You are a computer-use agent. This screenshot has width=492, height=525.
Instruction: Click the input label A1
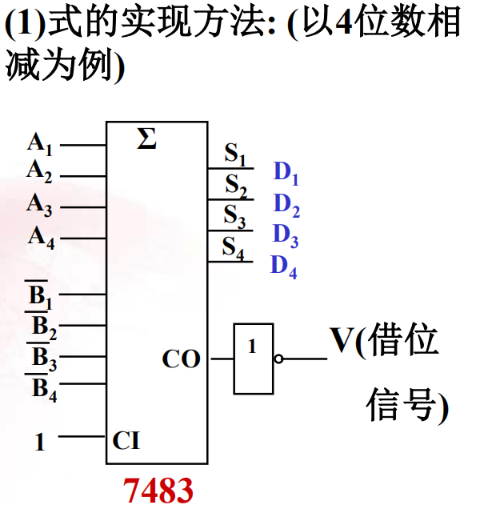pos(40,145)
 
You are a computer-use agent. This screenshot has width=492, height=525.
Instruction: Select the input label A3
pos(40,206)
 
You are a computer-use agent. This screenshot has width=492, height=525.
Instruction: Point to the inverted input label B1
pos(41,298)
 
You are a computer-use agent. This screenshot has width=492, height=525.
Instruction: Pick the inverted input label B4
pos(44,390)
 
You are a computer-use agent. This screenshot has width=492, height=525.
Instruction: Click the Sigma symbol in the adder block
pos(146,140)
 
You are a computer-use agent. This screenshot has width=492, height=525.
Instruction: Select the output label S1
pos(234,154)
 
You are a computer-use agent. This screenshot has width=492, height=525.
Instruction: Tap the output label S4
pos(234,247)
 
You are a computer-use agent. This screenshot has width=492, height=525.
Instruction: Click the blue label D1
pos(286,173)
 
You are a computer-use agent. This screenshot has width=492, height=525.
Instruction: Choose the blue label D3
pos(286,235)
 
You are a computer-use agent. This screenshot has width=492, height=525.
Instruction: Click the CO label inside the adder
pos(181,359)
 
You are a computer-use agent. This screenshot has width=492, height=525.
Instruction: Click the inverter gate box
pos(254,359)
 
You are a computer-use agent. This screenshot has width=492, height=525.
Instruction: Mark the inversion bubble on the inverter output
pos(278,359)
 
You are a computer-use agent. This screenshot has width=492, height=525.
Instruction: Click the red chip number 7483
pos(158,490)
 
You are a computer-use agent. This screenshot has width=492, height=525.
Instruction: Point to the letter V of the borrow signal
pos(342,341)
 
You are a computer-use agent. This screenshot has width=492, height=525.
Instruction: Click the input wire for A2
pos(83,176)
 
